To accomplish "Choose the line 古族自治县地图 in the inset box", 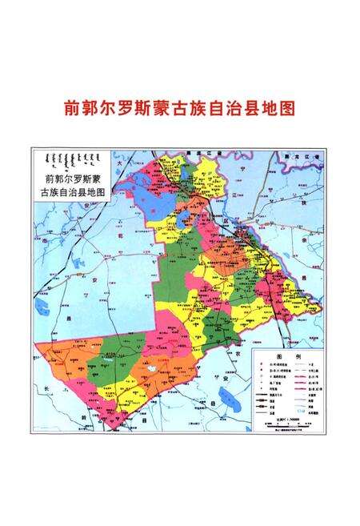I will click(70, 193).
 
